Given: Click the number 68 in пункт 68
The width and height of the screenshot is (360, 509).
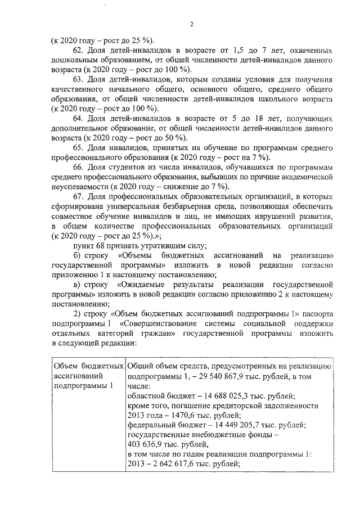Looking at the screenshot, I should point(100,245).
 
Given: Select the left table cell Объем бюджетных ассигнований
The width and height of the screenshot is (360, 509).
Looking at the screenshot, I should point(88,376).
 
